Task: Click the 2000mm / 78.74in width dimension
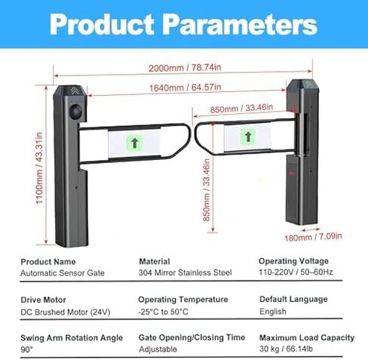pos(185,68)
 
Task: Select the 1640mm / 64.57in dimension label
pos(186,88)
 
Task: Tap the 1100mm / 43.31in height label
pos(39,168)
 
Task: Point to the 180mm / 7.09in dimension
pos(313,237)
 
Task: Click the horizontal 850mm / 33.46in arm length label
pos(241,109)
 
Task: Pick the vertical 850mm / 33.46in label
pos(207,190)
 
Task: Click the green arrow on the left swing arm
pos(135,143)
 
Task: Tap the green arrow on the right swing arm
pos(248,137)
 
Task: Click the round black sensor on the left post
pos(75,111)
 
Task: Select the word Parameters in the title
pos(240,25)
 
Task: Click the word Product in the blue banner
pos(102,25)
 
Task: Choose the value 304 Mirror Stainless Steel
pos(185,272)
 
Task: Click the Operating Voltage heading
pos(293,261)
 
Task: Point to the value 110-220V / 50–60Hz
pos(296,272)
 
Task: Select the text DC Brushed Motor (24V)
pos(66,312)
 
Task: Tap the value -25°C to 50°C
pos(163,312)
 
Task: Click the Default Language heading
pos(293,300)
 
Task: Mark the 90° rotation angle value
pos(26,349)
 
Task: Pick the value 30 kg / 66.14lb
pos(286,349)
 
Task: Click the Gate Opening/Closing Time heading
pos(192,337)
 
